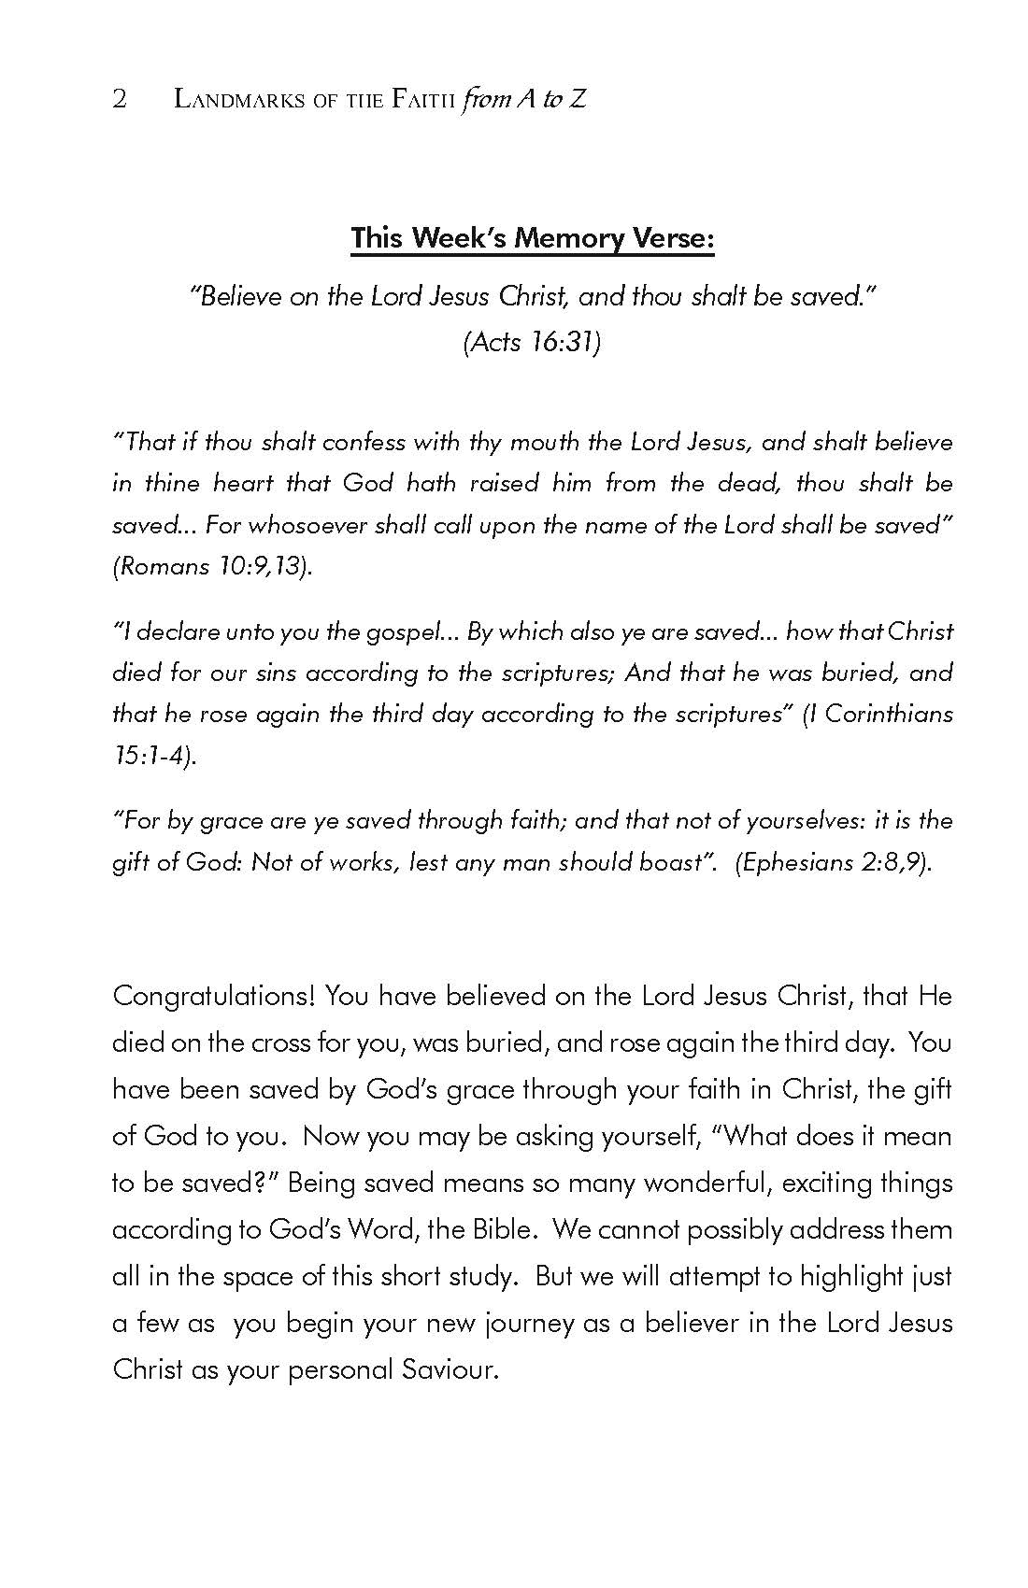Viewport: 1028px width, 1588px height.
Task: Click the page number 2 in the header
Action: click(119, 99)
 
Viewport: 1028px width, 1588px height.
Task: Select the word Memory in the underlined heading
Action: click(558, 238)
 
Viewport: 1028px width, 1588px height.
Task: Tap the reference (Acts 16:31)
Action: click(532, 342)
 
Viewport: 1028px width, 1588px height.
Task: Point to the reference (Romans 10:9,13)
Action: click(212, 566)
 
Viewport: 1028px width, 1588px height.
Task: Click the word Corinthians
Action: click(889, 714)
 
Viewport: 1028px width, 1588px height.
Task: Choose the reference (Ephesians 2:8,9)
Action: click(834, 861)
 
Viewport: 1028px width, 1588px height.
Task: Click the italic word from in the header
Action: click(485, 99)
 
